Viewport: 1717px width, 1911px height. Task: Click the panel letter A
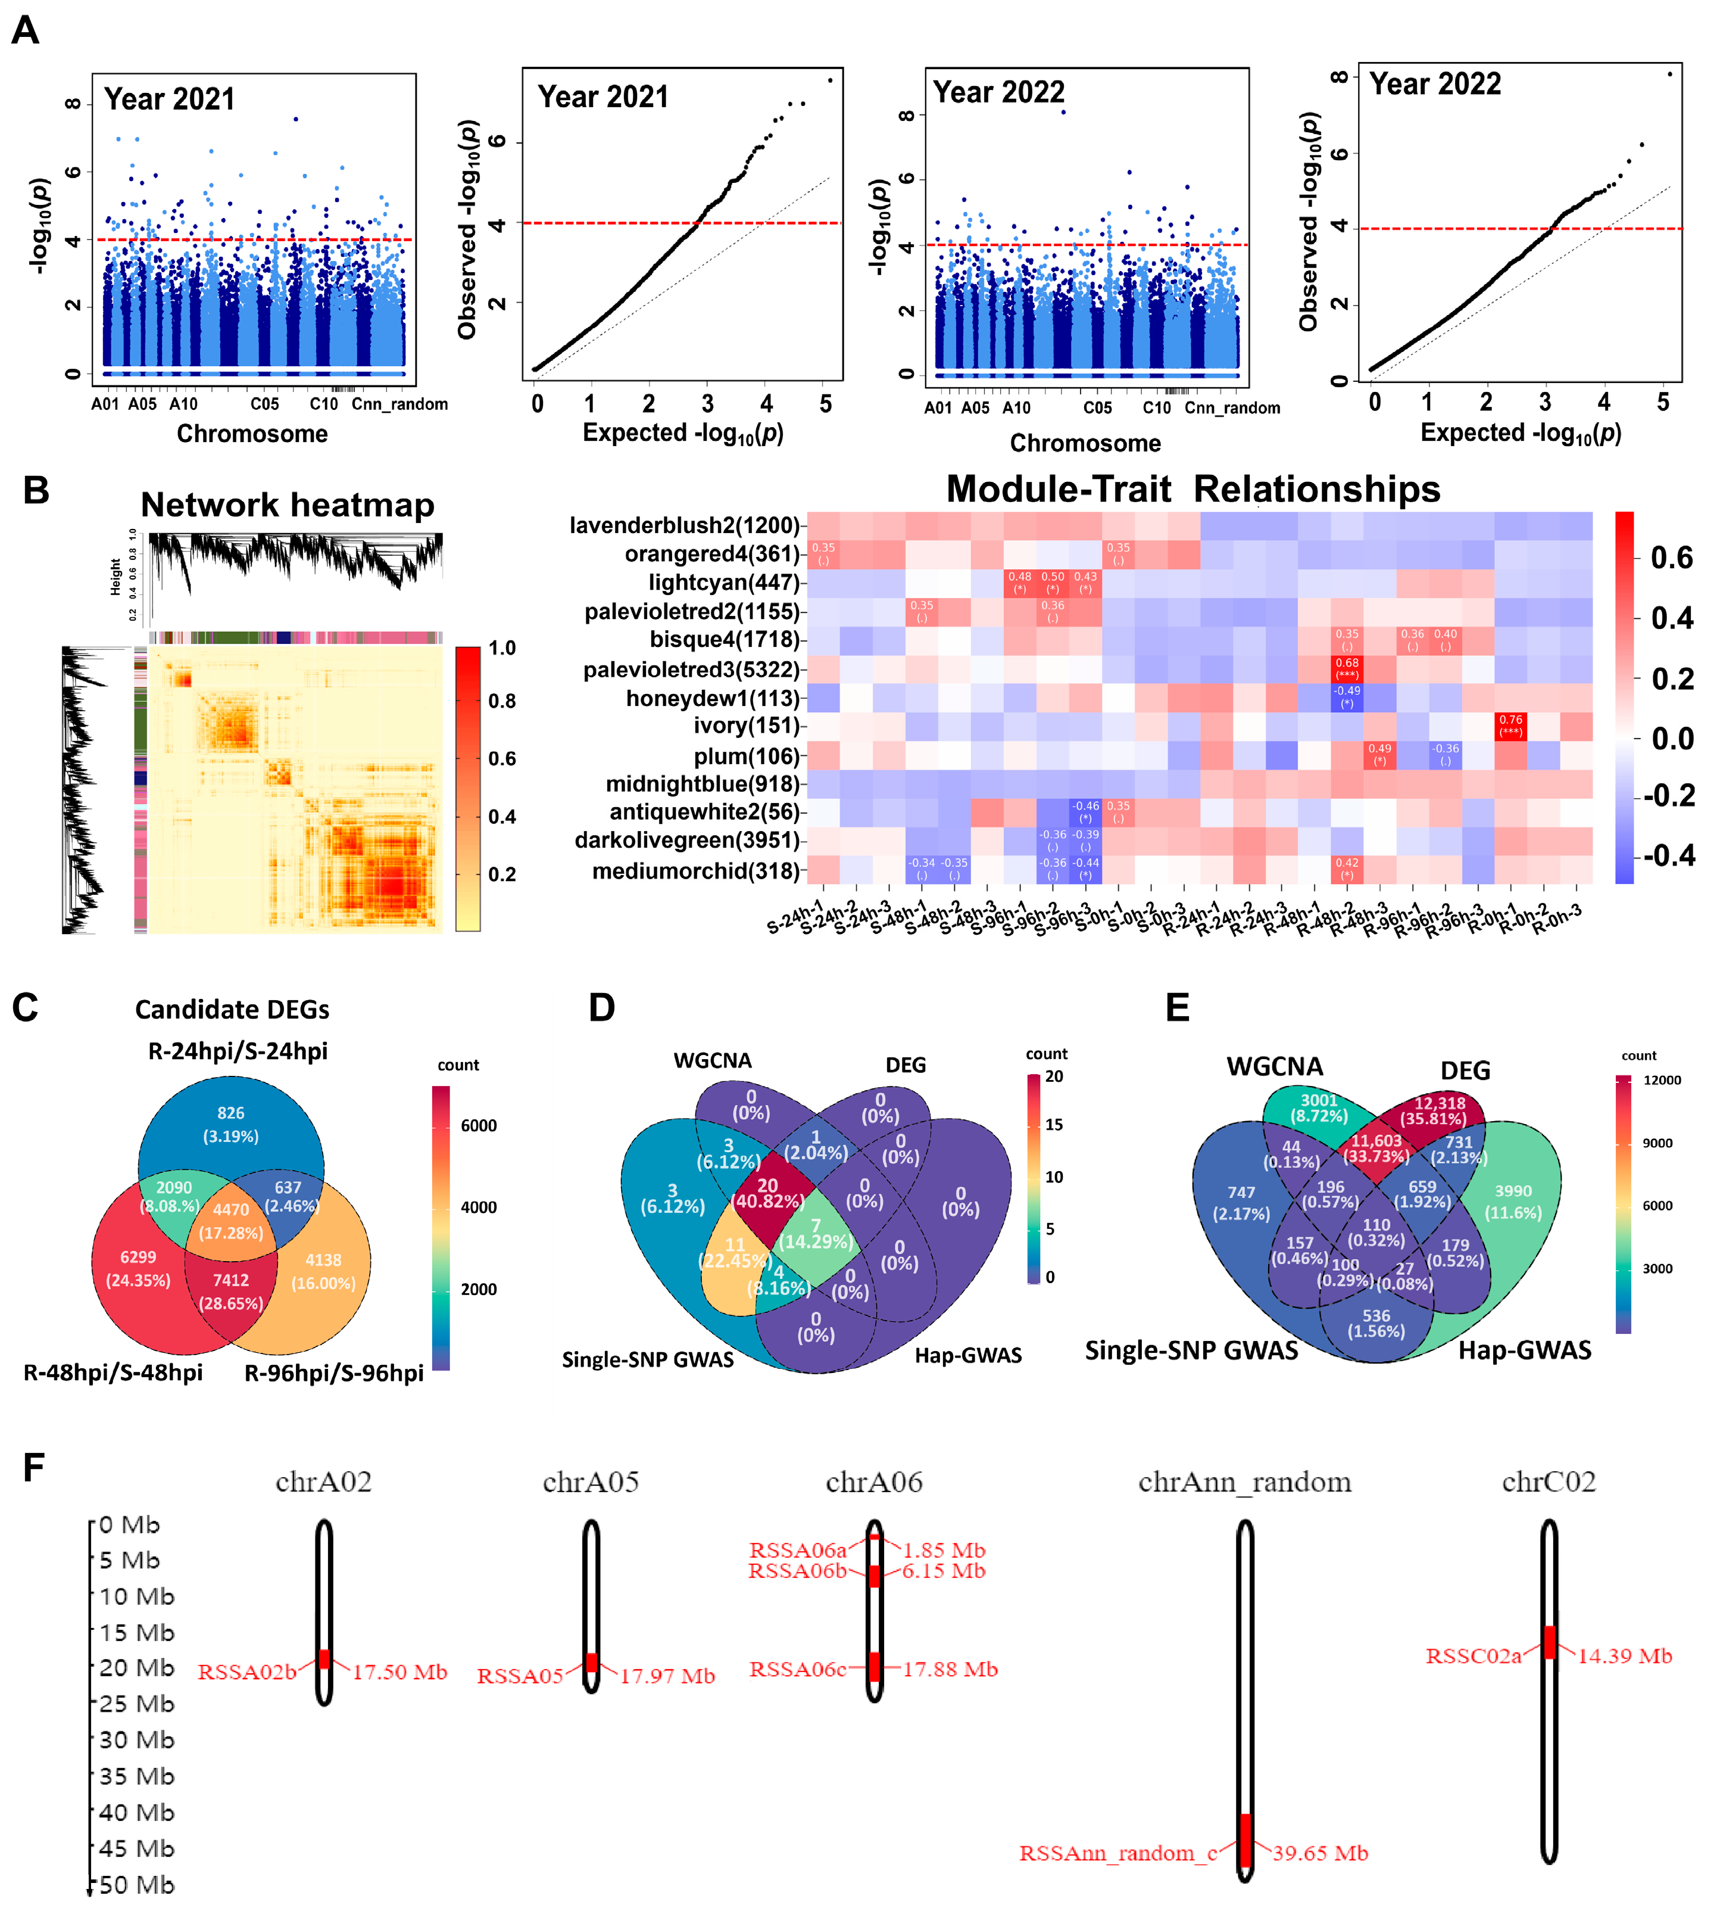[26, 30]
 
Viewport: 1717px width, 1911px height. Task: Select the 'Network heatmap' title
[287, 505]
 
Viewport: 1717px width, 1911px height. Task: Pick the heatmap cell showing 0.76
[1510, 726]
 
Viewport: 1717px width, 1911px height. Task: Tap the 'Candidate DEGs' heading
[232, 1010]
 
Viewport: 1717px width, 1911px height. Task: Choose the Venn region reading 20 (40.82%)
[768, 1193]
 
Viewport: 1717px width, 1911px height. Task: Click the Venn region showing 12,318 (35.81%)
[1439, 1111]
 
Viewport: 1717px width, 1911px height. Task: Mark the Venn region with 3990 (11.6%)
[1513, 1202]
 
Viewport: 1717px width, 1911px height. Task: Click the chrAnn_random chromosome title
[1244, 1483]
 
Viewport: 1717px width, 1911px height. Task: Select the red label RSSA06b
[797, 1571]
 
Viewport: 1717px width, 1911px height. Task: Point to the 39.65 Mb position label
[1320, 1853]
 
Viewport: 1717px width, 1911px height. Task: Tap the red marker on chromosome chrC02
[1549, 1642]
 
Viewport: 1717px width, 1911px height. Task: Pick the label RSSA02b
[247, 1672]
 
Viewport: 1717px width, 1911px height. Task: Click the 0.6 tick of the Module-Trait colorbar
[1671, 558]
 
